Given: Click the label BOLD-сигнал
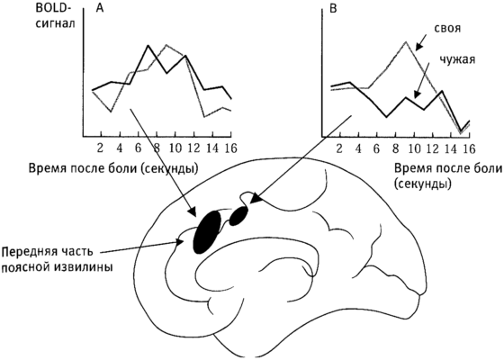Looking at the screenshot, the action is (x=55, y=16).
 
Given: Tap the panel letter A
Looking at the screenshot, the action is (x=100, y=8).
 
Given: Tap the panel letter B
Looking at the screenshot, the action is (x=333, y=8).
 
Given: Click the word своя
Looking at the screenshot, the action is (x=447, y=28).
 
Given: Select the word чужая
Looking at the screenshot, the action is (x=457, y=59).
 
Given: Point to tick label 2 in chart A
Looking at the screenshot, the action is (x=101, y=148).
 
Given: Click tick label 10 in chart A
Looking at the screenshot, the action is (x=175, y=148).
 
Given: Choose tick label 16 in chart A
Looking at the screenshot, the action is (x=230, y=148).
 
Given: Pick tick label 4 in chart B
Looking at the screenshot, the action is (x=358, y=148).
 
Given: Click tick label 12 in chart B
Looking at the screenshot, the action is (x=433, y=148).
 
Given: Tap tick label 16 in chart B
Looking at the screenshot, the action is (x=469, y=148).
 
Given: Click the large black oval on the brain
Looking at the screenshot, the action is (x=207, y=232).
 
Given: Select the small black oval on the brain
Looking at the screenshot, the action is (x=239, y=215).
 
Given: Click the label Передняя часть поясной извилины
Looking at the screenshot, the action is (x=58, y=259).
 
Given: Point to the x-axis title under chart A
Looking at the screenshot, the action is (x=113, y=168).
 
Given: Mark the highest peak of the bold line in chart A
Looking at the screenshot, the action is (x=148, y=45).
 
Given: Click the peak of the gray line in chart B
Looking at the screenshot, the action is (x=406, y=41).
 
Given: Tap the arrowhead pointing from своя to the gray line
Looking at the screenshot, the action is (x=418, y=47).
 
